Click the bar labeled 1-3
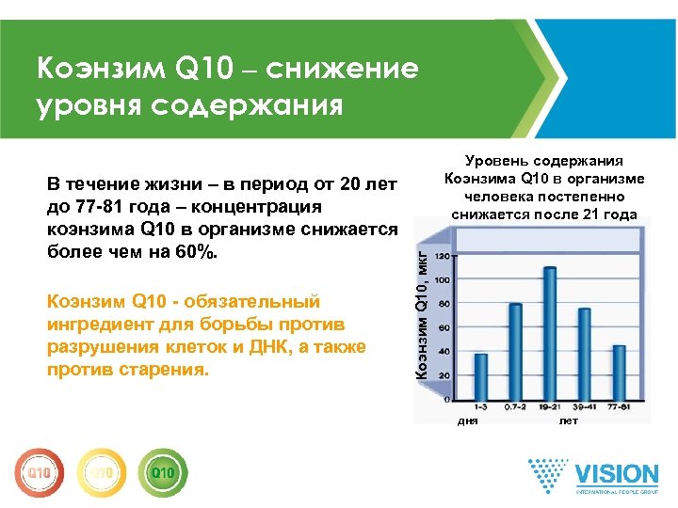[x=481, y=376]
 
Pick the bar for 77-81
[x=619, y=373]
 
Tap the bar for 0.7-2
[x=515, y=352]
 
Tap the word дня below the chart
[x=468, y=421]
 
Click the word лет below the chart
[x=569, y=421]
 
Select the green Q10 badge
[x=162, y=470]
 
